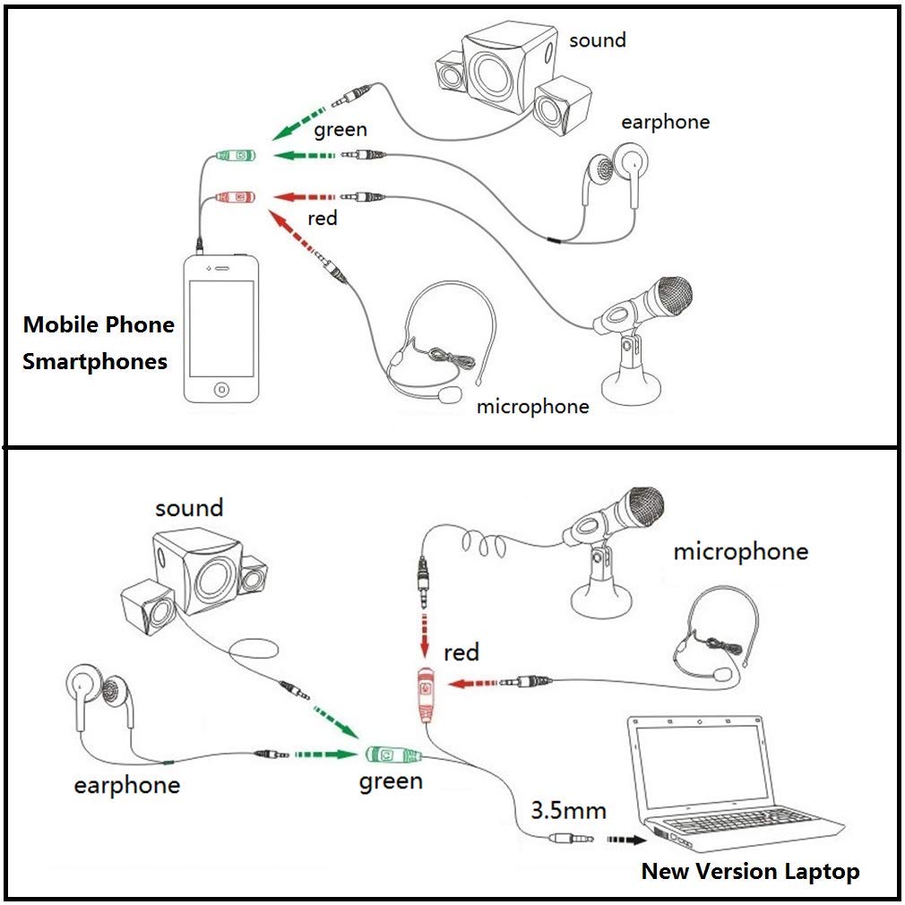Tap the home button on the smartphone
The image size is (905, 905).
point(221,389)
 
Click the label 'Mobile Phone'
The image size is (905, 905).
point(99,324)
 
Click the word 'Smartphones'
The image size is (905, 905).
point(95,362)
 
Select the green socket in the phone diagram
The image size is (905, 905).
point(236,155)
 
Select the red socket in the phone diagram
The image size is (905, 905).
point(236,197)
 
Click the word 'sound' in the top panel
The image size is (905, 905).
point(598,39)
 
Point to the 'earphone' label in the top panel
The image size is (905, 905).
point(665,122)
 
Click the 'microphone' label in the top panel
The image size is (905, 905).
point(533,406)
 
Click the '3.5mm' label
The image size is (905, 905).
point(568,810)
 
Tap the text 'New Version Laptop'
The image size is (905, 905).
point(750,872)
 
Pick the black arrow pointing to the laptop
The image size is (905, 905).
point(627,840)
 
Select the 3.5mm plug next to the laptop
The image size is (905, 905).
point(571,838)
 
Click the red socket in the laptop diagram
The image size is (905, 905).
point(426,694)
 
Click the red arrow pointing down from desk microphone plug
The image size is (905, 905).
point(425,636)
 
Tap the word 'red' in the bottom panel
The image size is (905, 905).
point(461,653)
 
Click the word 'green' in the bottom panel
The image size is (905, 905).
point(391,782)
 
